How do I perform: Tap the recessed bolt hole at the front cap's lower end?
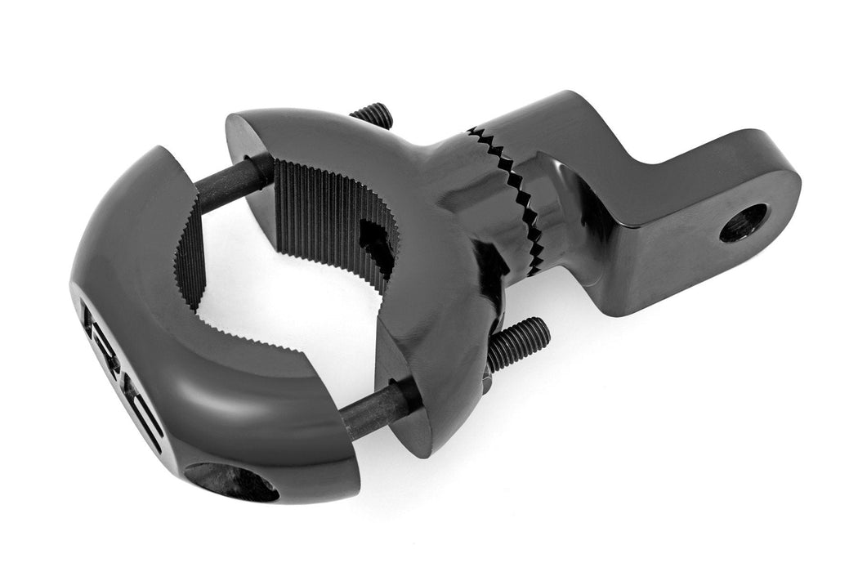232,482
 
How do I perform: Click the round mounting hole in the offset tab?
744,222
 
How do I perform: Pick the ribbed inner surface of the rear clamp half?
327,212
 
